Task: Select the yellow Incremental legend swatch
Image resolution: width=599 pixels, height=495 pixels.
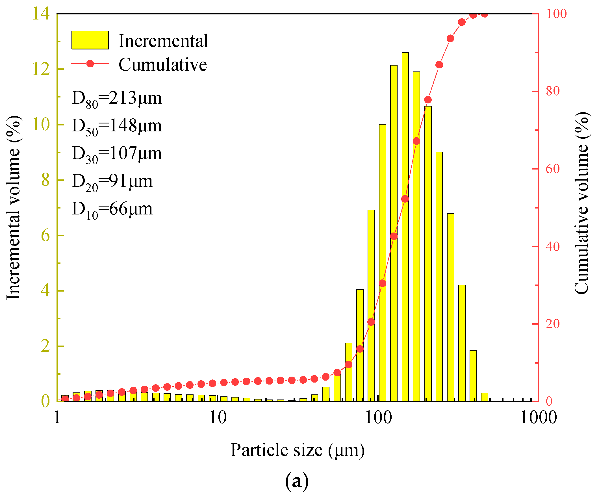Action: coord(90,40)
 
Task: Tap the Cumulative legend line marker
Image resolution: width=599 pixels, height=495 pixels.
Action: coord(90,64)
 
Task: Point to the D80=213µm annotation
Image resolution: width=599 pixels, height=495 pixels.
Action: coord(117,99)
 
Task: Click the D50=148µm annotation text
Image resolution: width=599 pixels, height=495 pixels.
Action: coord(117,126)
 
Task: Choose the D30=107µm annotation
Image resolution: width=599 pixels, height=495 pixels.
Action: coord(117,154)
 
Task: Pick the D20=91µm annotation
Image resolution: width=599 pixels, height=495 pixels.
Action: coord(112,182)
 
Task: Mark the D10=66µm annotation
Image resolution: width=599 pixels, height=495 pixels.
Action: coord(112,209)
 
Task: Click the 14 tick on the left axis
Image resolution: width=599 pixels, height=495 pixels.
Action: coord(41,13)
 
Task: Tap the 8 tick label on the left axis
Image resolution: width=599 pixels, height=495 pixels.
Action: coord(45,180)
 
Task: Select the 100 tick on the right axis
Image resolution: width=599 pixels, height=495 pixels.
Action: coord(556,14)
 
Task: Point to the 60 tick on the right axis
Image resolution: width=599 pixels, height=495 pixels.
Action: coord(553,169)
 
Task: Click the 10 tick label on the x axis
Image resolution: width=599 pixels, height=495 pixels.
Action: coord(218,418)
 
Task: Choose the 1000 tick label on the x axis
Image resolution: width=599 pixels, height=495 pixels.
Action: coord(538,418)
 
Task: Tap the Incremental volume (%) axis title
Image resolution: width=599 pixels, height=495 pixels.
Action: coord(13,208)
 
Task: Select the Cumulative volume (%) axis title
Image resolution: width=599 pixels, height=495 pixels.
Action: coord(581,203)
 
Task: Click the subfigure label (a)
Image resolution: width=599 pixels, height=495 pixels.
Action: coord(296,481)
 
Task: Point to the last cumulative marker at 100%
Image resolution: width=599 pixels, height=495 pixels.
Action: coord(484,14)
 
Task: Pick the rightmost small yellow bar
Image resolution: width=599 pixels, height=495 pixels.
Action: coord(484,397)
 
